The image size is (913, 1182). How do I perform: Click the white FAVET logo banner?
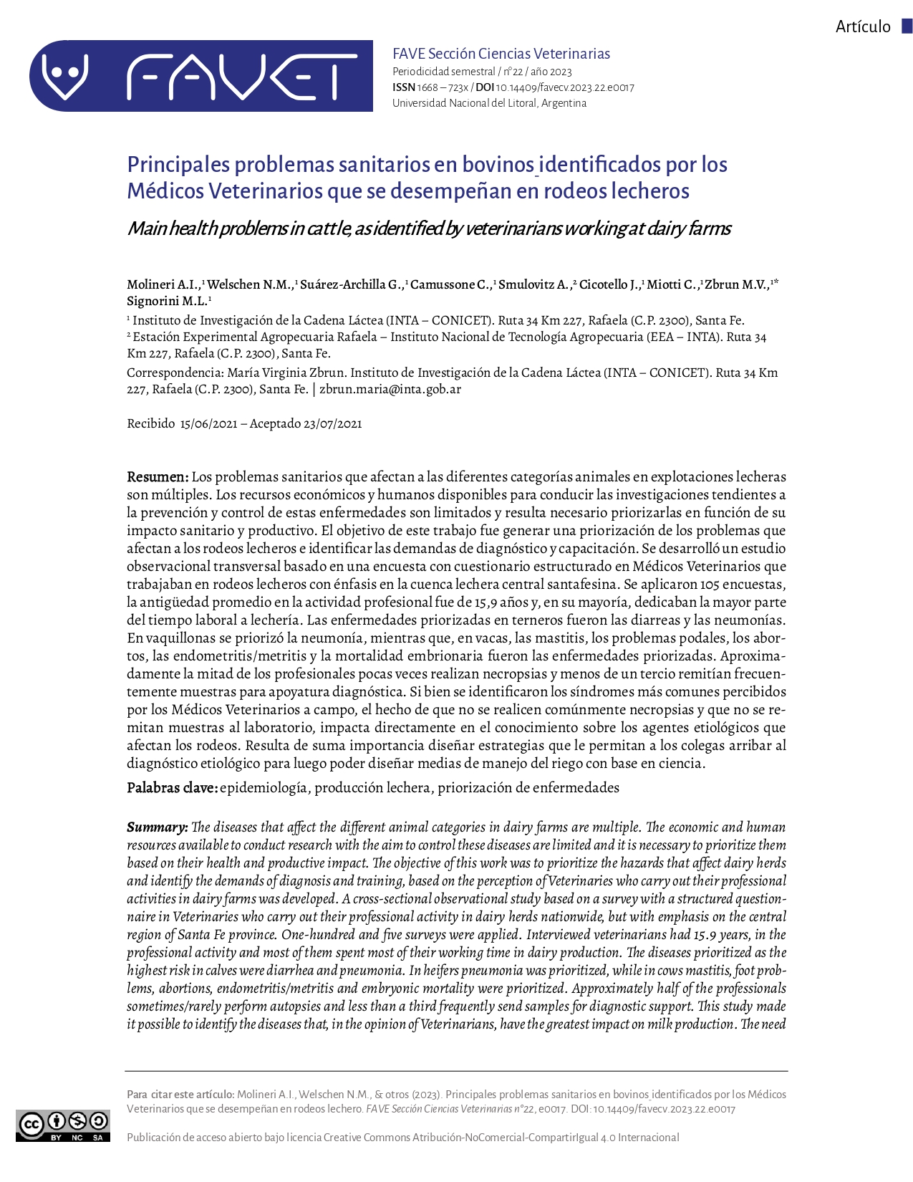tap(201, 76)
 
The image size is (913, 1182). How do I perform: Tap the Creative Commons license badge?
tap(63, 1125)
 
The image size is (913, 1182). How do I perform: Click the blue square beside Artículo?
tap(907, 27)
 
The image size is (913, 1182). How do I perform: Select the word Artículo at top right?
tap(863, 27)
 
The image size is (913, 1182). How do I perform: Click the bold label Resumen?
tap(158, 477)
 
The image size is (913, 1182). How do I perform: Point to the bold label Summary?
tap(158, 827)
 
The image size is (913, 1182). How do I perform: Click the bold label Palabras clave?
tap(172, 788)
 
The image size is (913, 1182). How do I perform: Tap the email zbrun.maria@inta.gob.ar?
tap(390, 390)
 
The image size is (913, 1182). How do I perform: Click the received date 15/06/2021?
tap(208, 424)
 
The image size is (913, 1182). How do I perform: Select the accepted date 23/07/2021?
tap(332, 424)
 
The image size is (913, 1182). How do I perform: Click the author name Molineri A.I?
tap(163, 285)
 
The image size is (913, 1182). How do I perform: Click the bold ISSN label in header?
tap(403, 88)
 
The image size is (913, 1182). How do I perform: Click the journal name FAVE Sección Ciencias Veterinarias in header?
tap(501, 54)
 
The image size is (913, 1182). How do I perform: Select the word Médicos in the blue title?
tap(166, 191)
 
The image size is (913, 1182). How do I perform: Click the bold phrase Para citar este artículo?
tap(180, 1095)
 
